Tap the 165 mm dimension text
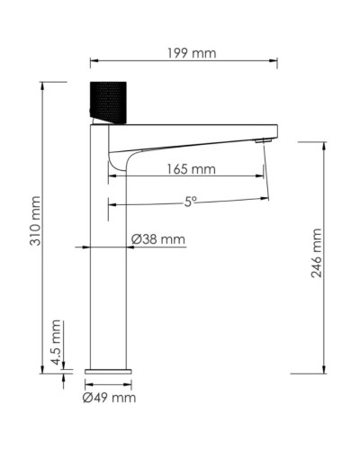coord(191,168)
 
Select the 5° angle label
coord(191,202)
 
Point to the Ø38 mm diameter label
coord(158,238)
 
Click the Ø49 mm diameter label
coord(109,397)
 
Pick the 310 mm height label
coord(37,225)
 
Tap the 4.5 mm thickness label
coord(55,344)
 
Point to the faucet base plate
coord(108,369)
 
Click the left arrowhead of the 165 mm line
coord(112,176)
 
